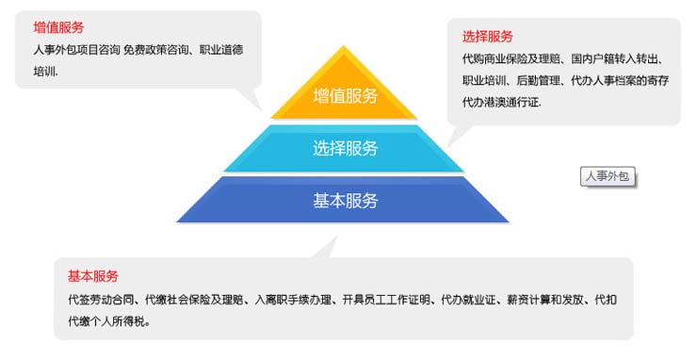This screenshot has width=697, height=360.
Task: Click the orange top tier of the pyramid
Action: pos(345,94)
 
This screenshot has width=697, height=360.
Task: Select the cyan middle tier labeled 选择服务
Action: pos(345,148)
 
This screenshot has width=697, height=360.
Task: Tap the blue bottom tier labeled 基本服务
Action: pos(345,201)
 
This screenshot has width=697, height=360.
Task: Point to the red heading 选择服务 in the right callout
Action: pos(488,37)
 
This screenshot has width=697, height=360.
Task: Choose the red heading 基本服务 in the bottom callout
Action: pos(93,276)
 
